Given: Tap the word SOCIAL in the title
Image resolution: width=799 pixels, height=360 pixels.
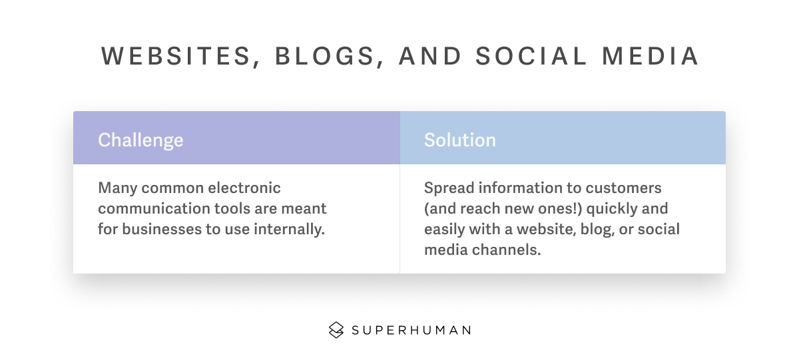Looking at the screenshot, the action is click(531, 56).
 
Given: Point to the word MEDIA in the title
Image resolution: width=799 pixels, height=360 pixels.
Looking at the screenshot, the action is click(650, 56).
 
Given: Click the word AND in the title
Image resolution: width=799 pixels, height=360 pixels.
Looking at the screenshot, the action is click(430, 56).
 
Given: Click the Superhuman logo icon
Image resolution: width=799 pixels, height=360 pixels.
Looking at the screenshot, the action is click(336, 329).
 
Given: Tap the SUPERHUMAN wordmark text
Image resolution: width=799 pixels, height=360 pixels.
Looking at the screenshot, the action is click(411, 330).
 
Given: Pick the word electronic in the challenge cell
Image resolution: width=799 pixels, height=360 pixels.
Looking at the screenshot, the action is click(244, 188).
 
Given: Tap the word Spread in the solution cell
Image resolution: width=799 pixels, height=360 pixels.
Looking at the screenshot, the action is click(449, 188).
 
